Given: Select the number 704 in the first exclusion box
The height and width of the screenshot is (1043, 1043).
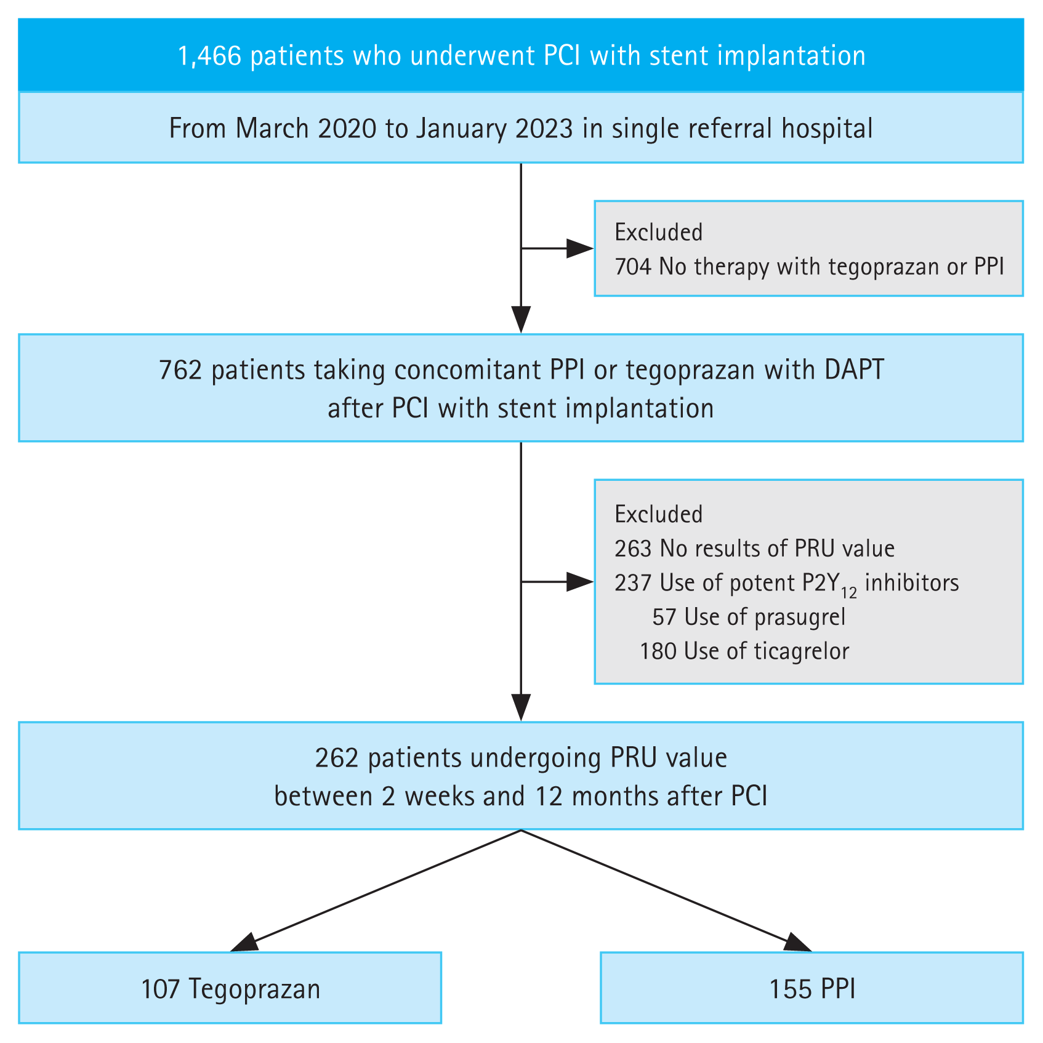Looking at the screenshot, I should pyautogui.click(x=632, y=267).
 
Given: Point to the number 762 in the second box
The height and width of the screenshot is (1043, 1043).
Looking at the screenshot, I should pyautogui.click(x=180, y=370).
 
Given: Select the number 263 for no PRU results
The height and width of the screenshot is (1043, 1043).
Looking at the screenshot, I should pyautogui.click(x=632, y=548).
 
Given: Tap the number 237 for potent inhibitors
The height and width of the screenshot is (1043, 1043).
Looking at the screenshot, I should pyautogui.click(x=632, y=582).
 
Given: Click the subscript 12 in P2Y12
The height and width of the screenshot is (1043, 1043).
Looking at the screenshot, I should pyautogui.click(x=848, y=593).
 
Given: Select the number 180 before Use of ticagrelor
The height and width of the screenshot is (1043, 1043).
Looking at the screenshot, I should pyautogui.click(x=658, y=651).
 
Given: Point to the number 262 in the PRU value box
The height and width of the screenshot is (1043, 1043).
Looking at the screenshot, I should pyautogui.click(x=337, y=758).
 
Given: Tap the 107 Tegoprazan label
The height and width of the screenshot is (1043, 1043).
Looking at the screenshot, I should pyautogui.click(x=230, y=989).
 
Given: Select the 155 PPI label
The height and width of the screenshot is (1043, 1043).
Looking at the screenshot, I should pyautogui.click(x=811, y=989).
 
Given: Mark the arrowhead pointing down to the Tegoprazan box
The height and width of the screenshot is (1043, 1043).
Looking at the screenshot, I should pyautogui.click(x=243, y=943).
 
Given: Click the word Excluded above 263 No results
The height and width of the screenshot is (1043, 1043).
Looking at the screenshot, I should pyautogui.click(x=658, y=514).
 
